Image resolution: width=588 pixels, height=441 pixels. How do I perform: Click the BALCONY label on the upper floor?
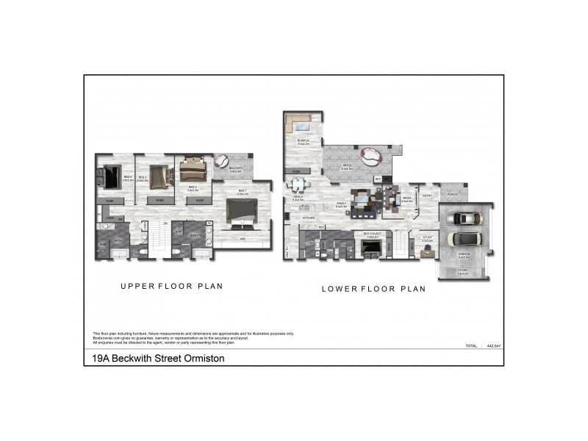236,169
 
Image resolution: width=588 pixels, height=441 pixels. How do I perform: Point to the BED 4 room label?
127,177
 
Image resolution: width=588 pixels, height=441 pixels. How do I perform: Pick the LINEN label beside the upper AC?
109,218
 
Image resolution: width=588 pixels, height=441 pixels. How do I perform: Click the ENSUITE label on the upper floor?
195,234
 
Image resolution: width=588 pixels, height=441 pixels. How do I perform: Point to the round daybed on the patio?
370,156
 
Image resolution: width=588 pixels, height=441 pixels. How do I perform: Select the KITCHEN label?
309,218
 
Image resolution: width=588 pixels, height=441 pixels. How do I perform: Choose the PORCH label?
452,195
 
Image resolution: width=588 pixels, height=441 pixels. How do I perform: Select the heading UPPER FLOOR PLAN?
171,286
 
